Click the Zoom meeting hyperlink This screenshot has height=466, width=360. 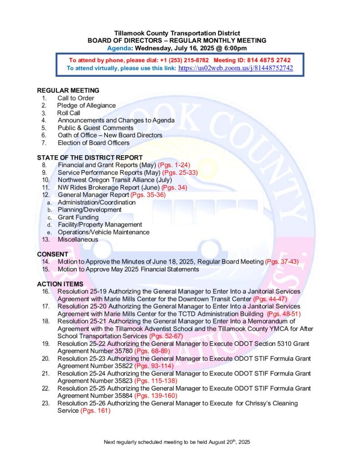tap(235, 68)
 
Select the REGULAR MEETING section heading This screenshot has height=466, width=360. tap(68, 91)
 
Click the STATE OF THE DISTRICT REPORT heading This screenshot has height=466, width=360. tap(90, 157)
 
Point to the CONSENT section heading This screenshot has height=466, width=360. tap(52, 254)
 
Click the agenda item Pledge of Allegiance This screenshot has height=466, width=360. tap(86, 106)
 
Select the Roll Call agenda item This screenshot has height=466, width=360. tap(69, 113)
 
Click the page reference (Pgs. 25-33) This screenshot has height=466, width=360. tap(180, 172)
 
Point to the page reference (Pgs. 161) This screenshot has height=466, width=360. tap(96, 411)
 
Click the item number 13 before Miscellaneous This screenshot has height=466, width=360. tap(45, 239)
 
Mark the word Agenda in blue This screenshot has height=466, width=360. tap(119, 48)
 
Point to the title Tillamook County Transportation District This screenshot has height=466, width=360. tap(177, 34)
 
